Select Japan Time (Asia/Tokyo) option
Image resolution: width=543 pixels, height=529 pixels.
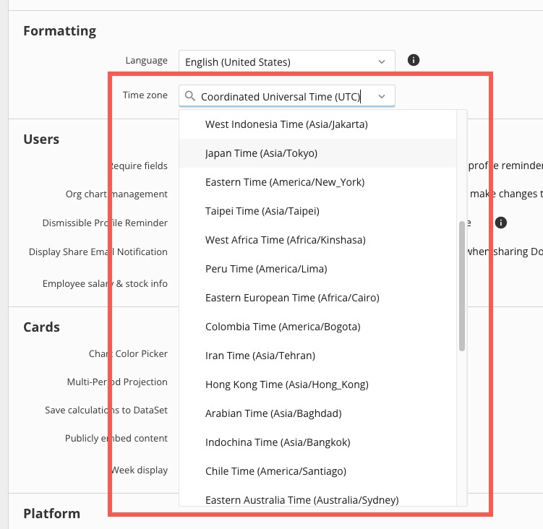click(x=261, y=153)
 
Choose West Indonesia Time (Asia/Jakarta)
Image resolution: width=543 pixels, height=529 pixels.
click(x=286, y=124)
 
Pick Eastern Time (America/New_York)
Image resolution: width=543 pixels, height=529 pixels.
click(x=285, y=182)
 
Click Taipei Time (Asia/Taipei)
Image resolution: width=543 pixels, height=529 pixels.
click(x=262, y=211)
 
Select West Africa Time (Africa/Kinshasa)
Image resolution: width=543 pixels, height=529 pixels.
click(x=286, y=240)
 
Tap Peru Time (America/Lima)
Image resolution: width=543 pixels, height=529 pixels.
click(x=266, y=269)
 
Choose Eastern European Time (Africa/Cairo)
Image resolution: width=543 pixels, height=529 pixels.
click(x=292, y=298)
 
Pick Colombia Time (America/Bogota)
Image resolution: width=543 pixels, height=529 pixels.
click(x=283, y=327)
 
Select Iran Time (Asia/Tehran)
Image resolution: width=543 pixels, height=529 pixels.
click(x=260, y=356)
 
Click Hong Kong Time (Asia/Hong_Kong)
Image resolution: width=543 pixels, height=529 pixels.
click(x=287, y=384)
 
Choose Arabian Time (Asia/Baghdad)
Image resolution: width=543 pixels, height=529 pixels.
click(x=273, y=413)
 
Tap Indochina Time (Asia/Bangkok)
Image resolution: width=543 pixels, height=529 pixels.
click(x=278, y=442)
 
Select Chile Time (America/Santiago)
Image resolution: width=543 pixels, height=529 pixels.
click(x=275, y=471)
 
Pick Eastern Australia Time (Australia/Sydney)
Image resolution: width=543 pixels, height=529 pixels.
click(x=302, y=500)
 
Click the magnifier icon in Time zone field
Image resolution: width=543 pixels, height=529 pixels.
click(x=190, y=96)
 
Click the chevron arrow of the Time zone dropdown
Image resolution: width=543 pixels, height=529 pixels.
click(x=382, y=96)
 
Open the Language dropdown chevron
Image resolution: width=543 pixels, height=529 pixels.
click(x=382, y=62)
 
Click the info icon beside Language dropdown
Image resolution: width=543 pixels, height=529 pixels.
click(x=414, y=60)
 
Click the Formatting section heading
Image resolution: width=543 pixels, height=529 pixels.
click(x=60, y=31)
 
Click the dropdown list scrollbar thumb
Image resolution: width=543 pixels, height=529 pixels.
click(x=461, y=286)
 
